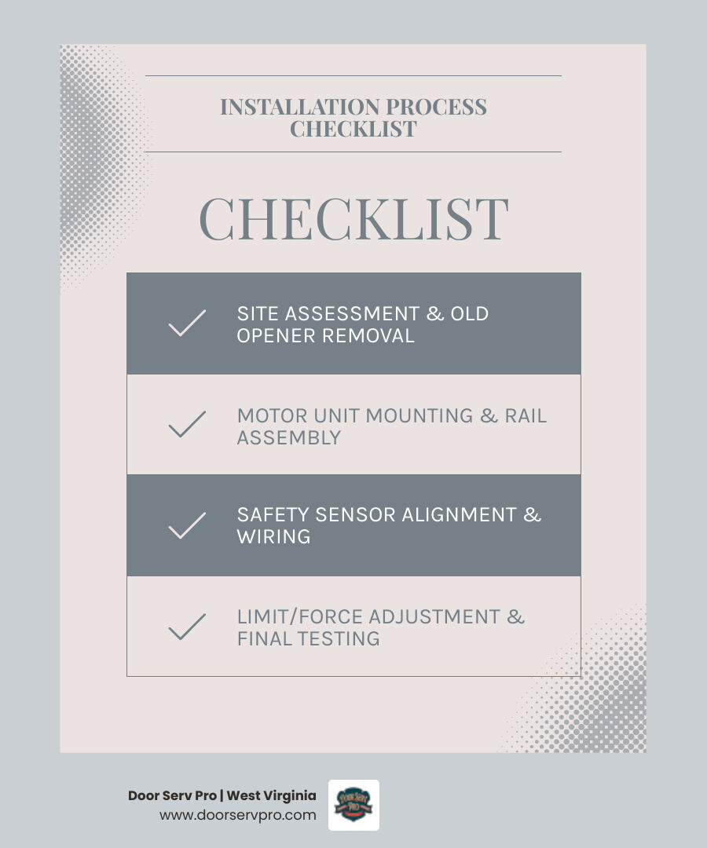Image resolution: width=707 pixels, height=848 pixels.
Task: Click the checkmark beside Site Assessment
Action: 187,323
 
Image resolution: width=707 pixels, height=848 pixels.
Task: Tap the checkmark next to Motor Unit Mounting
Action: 187,425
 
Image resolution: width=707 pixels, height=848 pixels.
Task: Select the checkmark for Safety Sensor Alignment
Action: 187,525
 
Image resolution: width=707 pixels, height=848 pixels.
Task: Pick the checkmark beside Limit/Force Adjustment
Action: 187,627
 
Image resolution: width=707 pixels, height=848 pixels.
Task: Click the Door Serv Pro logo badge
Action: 353,805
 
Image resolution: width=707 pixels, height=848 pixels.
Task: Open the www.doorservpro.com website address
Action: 238,815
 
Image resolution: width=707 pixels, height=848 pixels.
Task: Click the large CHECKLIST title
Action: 353,218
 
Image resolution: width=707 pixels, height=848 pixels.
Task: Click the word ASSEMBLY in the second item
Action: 289,437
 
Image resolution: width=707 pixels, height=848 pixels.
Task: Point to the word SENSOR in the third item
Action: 357,515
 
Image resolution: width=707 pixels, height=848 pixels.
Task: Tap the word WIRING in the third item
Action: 274,537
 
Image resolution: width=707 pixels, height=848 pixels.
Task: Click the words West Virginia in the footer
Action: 271,795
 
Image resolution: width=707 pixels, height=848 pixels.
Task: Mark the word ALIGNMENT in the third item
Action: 460,515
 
